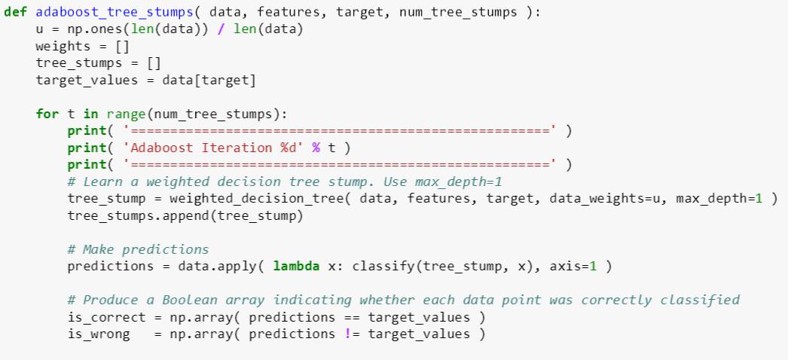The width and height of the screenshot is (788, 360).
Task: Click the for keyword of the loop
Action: point(47,114)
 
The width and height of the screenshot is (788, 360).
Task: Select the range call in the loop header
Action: point(125,114)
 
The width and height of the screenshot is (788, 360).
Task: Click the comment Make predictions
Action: point(138,249)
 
